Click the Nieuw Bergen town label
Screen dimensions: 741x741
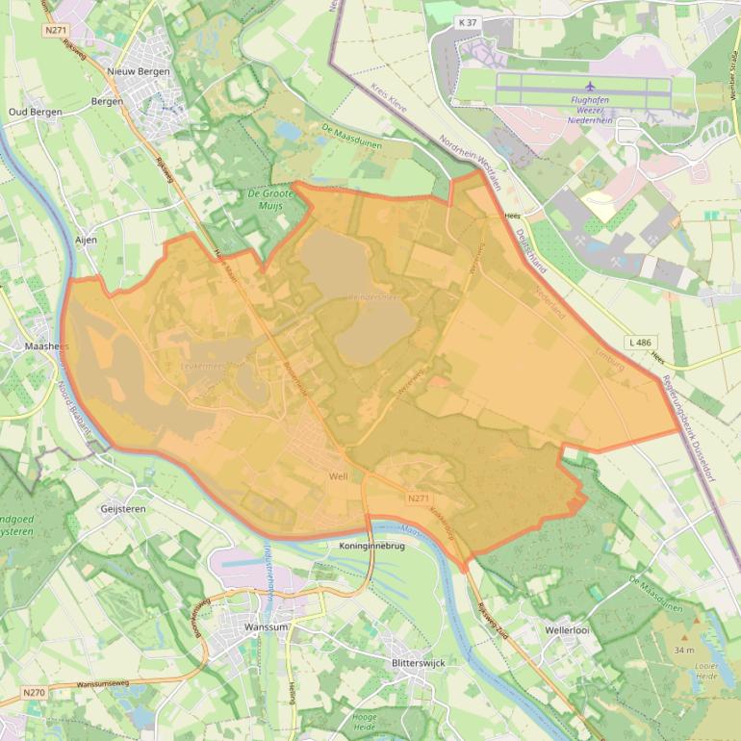coord(140,71)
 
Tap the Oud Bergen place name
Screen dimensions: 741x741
coord(35,112)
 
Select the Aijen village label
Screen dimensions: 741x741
coord(86,239)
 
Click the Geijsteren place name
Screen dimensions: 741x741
coord(121,507)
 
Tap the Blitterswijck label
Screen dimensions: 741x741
coord(420,664)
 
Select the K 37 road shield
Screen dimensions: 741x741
coord(468,22)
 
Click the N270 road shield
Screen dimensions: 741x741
coord(34,692)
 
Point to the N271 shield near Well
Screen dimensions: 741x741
coord(418,498)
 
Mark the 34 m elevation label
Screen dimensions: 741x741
coord(684,651)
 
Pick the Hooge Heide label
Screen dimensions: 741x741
coord(365,722)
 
